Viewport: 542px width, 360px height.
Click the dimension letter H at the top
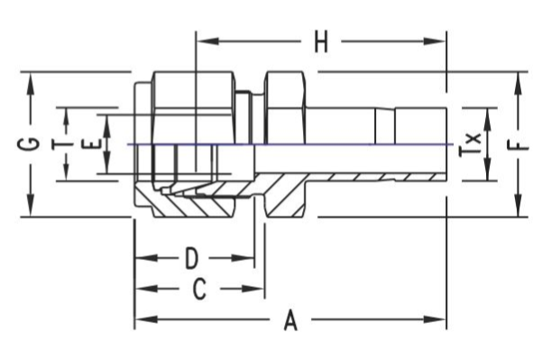tap(321, 42)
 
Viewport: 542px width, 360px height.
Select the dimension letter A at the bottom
tap(290, 320)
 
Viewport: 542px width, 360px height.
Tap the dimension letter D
tap(191, 258)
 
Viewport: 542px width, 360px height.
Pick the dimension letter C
tap(199, 289)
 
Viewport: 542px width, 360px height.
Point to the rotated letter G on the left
tap(28, 144)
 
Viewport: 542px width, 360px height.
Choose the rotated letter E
tap(92, 143)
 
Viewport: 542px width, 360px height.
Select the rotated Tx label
tap(470, 144)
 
